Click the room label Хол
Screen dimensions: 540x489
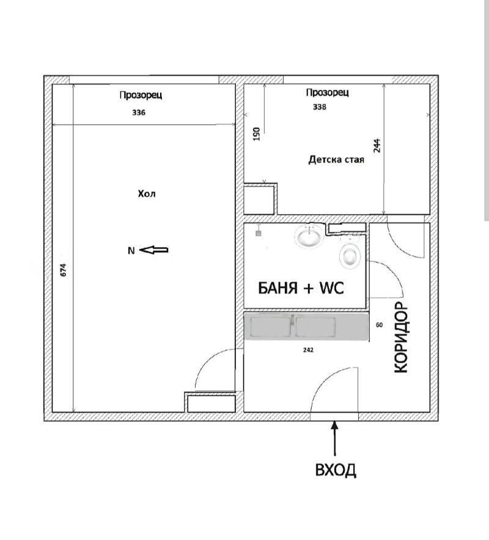tap(147, 194)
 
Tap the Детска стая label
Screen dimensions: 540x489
tap(336, 160)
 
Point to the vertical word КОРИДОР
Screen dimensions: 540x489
tap(400, 337)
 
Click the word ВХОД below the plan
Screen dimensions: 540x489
tap(335, 470)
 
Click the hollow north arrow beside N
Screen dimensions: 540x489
tap(155, 250)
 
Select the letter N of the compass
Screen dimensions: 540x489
tap(131, 250)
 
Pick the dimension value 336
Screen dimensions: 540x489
tap(139, 113)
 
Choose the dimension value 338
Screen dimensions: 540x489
tap(319, 107)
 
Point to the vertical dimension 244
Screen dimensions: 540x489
tap(377, 146)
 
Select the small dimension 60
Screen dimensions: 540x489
tap(379, 325)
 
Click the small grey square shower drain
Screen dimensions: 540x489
tap(259, 232)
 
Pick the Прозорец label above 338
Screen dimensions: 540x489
tap(327, 92)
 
